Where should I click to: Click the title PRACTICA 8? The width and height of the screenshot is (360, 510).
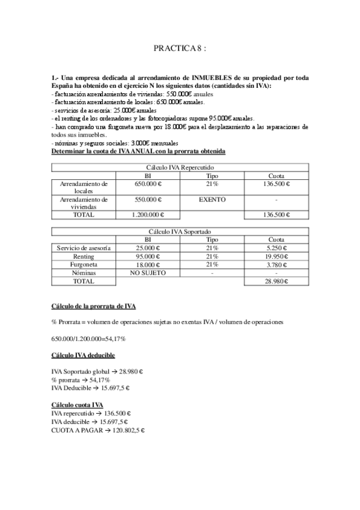[180, 48]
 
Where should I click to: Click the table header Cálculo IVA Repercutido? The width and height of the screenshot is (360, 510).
[180, 167]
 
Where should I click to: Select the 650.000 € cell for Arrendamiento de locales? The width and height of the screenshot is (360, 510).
[147, 183]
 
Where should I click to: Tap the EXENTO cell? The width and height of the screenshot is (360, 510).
[211, 199]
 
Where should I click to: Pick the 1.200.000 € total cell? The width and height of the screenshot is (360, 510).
[147, 215]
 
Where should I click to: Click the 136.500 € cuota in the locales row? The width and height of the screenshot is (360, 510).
[276, 183]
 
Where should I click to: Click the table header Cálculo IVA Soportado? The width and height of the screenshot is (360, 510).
[180, 231]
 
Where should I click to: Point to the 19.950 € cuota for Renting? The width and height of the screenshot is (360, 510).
[276, 256]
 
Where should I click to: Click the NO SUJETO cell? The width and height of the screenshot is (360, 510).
[147, 272]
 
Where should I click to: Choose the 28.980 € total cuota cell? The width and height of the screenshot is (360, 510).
[276, 281]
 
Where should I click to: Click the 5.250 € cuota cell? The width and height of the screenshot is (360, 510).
[276, 248]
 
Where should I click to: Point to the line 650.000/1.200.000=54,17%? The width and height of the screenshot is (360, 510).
[89, 339]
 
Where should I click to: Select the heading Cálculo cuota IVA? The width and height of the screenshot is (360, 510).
[78, 405]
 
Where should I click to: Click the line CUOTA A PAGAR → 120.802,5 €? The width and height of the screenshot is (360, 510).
[99, 431]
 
